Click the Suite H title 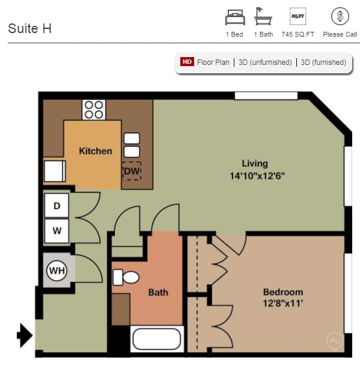[x=29, y=28]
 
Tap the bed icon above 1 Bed [x=234, y=16]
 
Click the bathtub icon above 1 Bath [x=263, y=16]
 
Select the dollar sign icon [x=340, y=16]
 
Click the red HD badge [x=187, y=62]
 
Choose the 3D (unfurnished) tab [x=265, y=62]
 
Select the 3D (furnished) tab [x=323, y=62]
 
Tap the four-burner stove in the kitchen [x=93, y=109]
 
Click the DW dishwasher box [x=132, y=171]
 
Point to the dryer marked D [x=57, y=206]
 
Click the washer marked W [x=57, y=230]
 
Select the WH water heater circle [x=57, y=270]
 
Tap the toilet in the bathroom [x=126, y=277]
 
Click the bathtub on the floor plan [x=156, y=339]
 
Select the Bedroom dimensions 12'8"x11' [x=282, y=303]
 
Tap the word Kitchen [x=96, y=151]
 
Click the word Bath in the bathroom [x=158, y=293]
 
